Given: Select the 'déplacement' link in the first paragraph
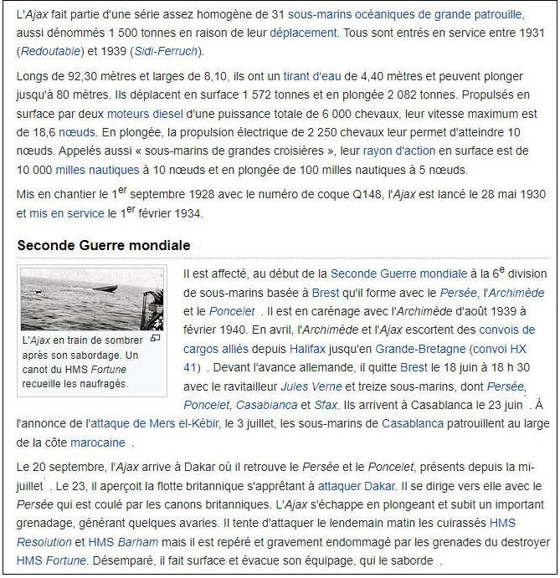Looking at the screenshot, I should (x=303, y=33).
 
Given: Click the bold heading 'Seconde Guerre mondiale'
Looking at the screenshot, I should (x=104, y=245).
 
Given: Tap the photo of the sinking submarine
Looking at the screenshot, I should (x=91, y=299).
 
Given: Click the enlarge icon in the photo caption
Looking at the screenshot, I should (x=155, y=339).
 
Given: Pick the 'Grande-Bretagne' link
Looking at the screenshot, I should (x=420, y=348).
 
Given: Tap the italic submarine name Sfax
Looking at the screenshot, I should (x=326, y=405).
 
